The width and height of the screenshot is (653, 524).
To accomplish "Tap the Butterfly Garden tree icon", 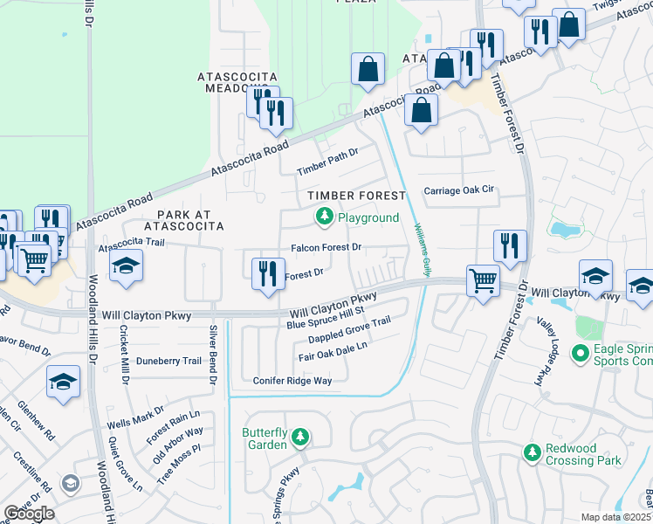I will click(x=300, y=436).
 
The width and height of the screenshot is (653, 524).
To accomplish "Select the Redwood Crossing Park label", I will click(x=582, y=453).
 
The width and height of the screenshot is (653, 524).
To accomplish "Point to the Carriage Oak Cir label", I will click(x=458, y=190).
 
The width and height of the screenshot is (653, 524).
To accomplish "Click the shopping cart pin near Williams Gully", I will click(x=482, y=280).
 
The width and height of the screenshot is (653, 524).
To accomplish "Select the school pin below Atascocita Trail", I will click(x=127, y=267).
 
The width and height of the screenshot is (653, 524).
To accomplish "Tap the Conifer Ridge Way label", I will click(x=292, y=381).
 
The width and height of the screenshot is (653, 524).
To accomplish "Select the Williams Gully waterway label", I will click(x=423, y=250).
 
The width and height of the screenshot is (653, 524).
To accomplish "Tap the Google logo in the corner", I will click(x=30, y=514).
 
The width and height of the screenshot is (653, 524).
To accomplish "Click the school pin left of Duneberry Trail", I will click(x=64, y=382).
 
